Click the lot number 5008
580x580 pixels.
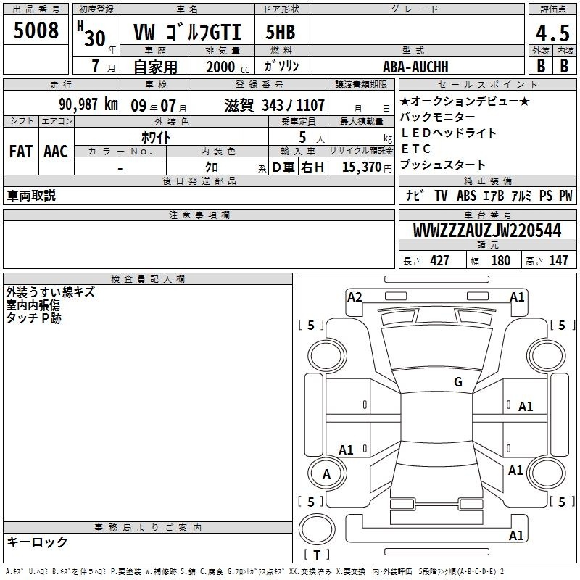36,30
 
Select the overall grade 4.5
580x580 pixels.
552,33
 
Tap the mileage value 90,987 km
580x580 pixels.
88,104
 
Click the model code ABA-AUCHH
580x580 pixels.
415,67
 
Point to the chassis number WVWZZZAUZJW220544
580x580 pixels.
487,231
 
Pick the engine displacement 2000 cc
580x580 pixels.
228,67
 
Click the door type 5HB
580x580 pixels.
281,32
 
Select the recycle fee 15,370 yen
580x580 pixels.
367,167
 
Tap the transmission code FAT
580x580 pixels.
21,152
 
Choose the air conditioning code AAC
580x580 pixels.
56,152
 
